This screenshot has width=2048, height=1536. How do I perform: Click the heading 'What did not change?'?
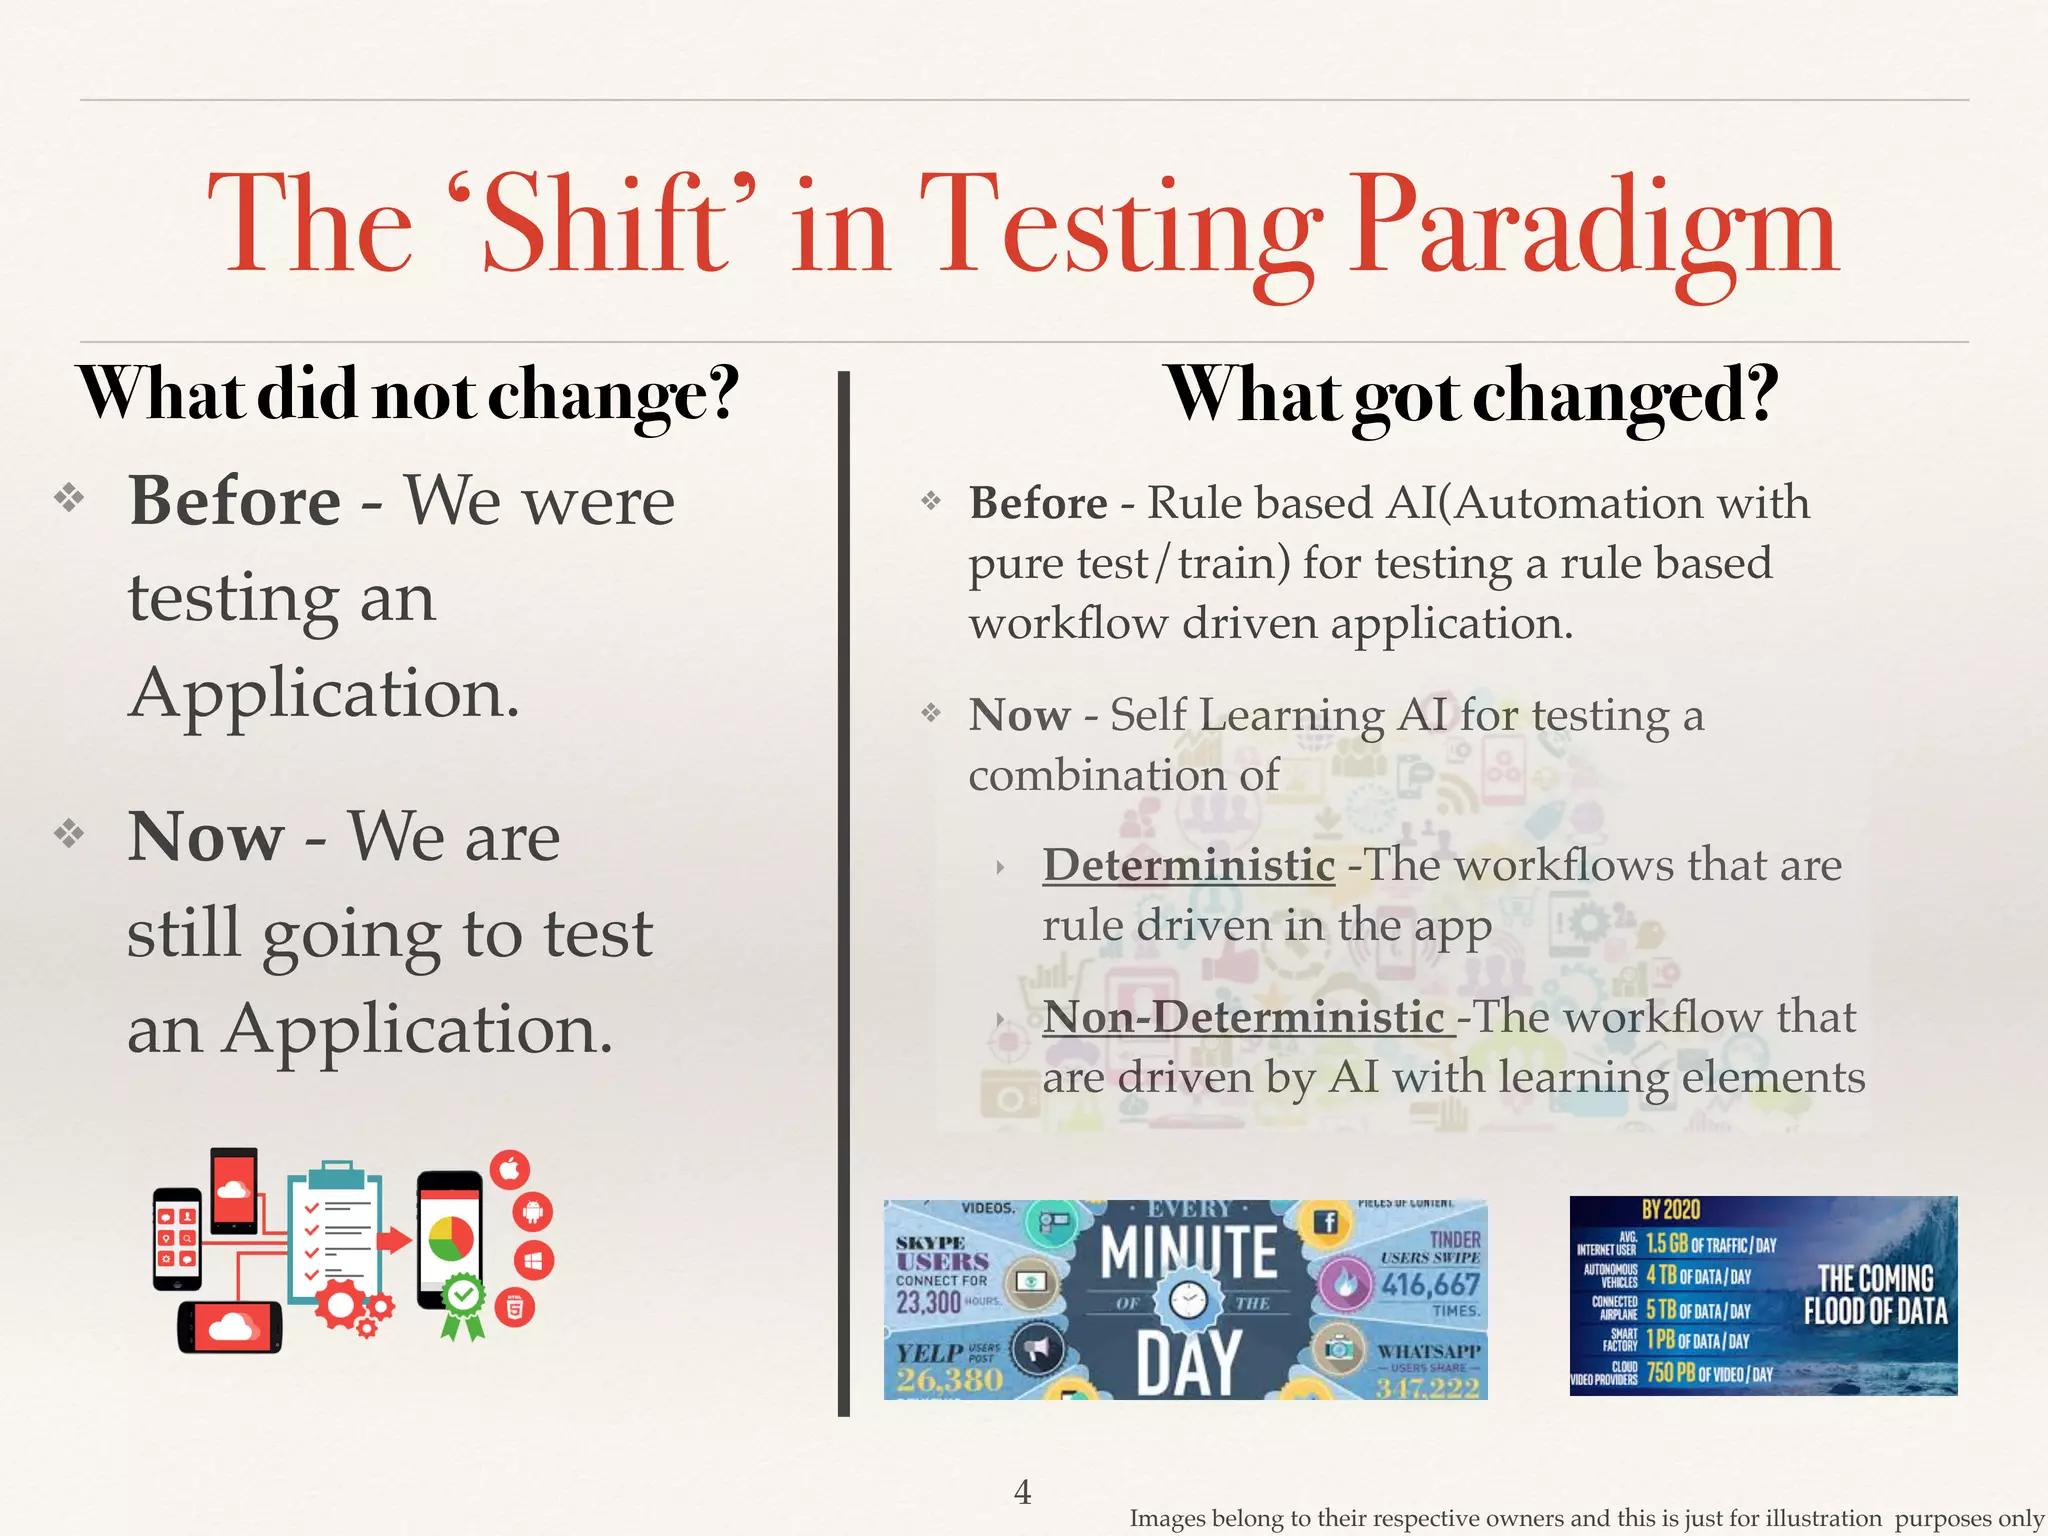(x=408, y=394)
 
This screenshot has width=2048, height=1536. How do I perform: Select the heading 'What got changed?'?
(x=1472, y=396)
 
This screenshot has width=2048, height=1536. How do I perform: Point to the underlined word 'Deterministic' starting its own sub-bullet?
(x=1188, y=865)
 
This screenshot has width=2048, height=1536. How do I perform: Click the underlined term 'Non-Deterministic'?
(x=1244, y=1017)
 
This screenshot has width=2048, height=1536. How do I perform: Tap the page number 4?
(x=1022, y=1491)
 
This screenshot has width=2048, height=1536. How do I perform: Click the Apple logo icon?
(x=510, y=1169)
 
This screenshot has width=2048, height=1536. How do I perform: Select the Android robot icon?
(x=533, y=1212)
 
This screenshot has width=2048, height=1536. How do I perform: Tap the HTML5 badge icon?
(x=515, y=1307)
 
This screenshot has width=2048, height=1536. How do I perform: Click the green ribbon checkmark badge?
(x=463, y=1300)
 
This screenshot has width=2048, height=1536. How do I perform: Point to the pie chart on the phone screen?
(x=451, y=1239)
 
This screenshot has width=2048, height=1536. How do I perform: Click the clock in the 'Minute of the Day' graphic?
(x=1188, y=1301)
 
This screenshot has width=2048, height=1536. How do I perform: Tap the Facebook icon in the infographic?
(x=1328, y=1222)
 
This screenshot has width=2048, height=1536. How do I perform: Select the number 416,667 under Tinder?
(x=1430, y=1284)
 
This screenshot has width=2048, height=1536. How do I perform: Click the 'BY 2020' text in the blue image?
(x=1671, y=1210)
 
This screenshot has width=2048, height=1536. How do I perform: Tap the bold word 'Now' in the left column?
(x=205, y=836)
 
